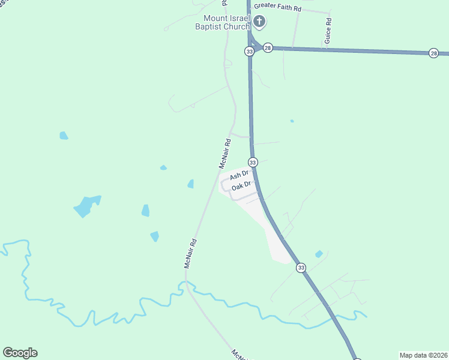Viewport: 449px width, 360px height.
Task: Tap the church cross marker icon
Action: click(x=259, y=22)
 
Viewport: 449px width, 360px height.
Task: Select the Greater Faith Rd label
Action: click(x=277, y=6)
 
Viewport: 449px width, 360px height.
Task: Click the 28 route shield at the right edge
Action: click(x=434, y=53)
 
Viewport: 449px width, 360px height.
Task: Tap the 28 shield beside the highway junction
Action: click(x=268, y=47)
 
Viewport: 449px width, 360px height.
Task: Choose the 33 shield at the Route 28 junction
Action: click(x=249, y=52)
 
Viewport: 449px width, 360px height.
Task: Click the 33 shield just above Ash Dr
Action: click(x=253, y=163)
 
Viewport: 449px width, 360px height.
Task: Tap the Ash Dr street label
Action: click(x=239, y=175)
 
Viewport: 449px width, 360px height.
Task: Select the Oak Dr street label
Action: click(x=241, y=187)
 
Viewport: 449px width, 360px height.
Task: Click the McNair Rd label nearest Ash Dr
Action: click(x=224, y=154)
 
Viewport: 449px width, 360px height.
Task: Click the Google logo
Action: click(x=20, y=353)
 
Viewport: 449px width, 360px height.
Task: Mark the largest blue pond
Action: click(x=86, y=206)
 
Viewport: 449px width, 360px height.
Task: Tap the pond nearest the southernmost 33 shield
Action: click(x=319, y=254)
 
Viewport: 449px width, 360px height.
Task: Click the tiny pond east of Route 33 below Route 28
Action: click(x=292, y=121)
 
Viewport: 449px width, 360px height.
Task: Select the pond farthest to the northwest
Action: click(x=64, y=136)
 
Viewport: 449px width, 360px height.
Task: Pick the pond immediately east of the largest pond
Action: click(x=145, y=210)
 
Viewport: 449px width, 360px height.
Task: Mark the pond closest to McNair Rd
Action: click(x=191, y=184)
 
